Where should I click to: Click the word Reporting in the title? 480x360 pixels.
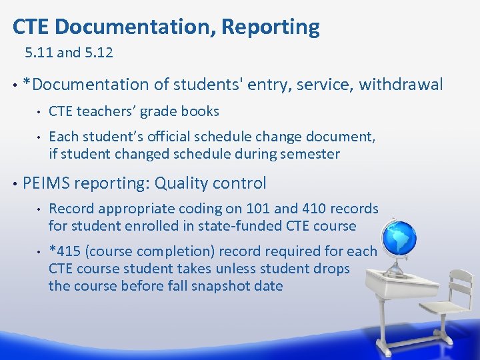270,27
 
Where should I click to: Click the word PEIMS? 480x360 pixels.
47,183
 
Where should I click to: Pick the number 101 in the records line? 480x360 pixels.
259,209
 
